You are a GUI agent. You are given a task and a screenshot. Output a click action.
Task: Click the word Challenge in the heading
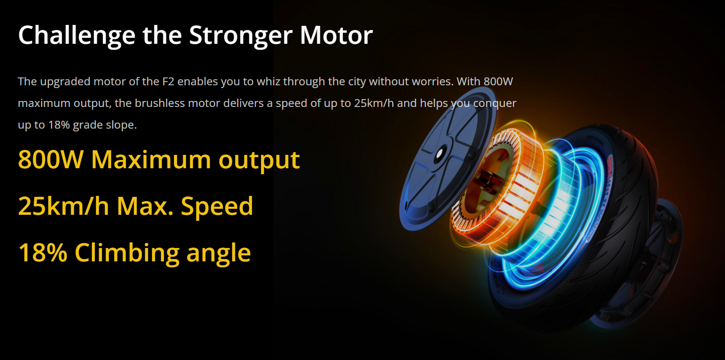click(x=77, y=35)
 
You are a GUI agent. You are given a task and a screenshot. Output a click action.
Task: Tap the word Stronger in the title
click(x=241, y=35)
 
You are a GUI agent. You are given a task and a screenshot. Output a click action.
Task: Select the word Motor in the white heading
click(x=336, y=35)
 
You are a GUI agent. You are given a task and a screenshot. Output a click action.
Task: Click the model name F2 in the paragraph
click(x=168, y=81)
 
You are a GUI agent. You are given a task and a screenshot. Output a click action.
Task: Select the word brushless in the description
click(x=159, y=103)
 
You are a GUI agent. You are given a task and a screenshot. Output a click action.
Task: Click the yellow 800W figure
click(x=51, y=159)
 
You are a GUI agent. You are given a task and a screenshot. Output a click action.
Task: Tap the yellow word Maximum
click(x=151, y=159)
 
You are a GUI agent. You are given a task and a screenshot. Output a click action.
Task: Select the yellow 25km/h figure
click(x=64, y=206)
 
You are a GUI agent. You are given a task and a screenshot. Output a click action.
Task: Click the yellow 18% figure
click(x=43, y=253)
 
